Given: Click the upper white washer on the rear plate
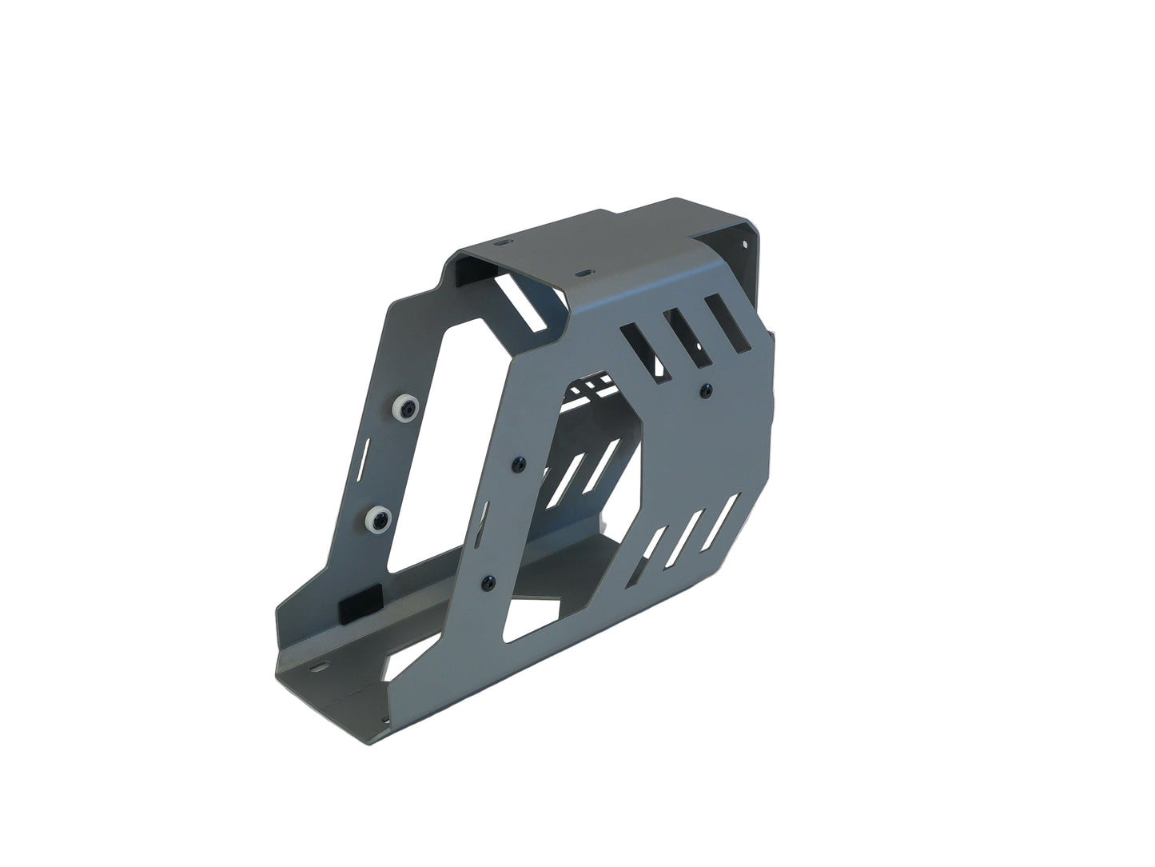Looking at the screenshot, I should click(404, 410).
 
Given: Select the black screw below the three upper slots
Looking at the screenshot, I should click(703, 390).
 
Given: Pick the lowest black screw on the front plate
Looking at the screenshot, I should click(489, 579).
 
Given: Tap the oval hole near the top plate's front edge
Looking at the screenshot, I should click(587, 273).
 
